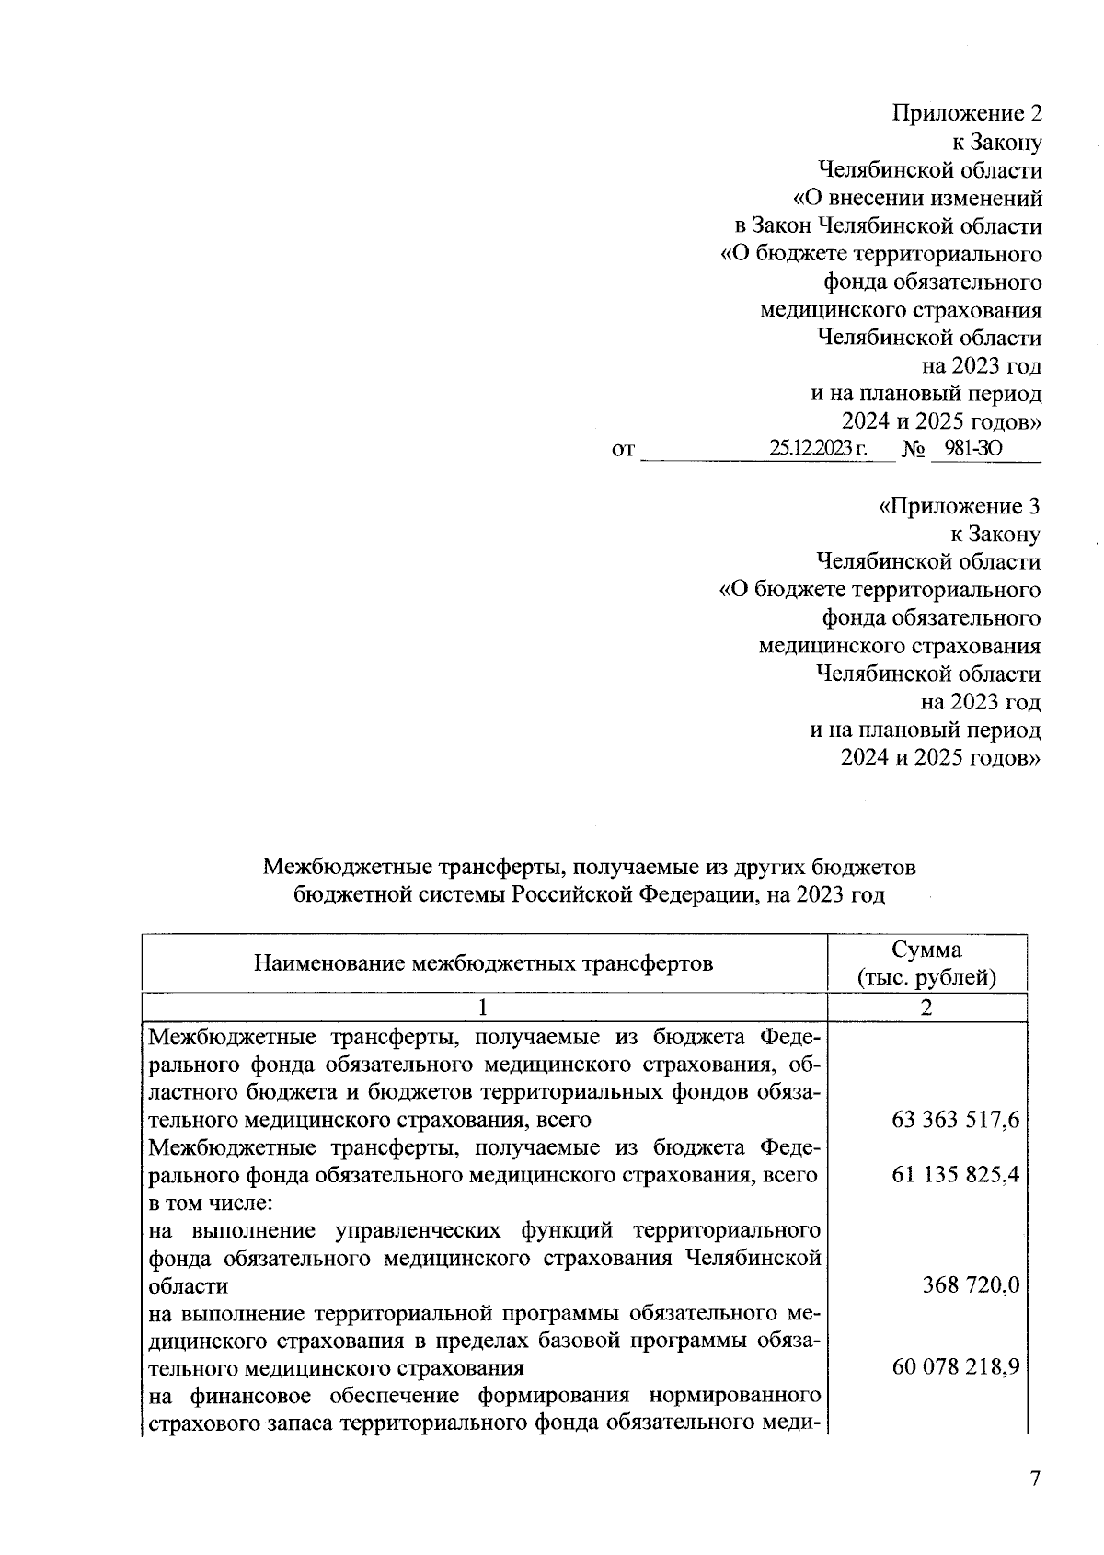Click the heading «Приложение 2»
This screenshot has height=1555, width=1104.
pyautogui.click(x=967, y=114)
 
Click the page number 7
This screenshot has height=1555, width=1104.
pyautogui.click(x=1035, y=1479)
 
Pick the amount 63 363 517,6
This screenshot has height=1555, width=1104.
pyautogui.click(x=955, y=1120)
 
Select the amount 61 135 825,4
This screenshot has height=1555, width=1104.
pyautogui.click(x=955, y=1175)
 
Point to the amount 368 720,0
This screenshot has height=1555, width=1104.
pyautogui.click(x=971, y=1285)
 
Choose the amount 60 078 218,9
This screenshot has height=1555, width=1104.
pyautogui.click(x=955, y=1368)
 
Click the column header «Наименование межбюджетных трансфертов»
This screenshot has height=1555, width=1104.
pyautogui.click(x=483, y=963)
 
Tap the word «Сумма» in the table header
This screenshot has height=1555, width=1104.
pyautogui.click(x=926, y=950)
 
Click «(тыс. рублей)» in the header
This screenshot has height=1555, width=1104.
pyautogui.click(x=926, y=977)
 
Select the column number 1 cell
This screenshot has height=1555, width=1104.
pyautogui.click(x=483, y=1008)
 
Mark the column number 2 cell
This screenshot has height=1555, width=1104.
pyautogui.click(x=926, y=1008)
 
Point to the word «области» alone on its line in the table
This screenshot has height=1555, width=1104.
pyautogui.click(x=189, y=1285)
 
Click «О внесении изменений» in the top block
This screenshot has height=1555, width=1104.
pyautogui.click(x=917, y=198)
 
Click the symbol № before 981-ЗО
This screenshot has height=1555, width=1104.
pyautogui.click(x=913, y=450)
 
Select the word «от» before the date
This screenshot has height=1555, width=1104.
pyautogui.click(x=623, y=451)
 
